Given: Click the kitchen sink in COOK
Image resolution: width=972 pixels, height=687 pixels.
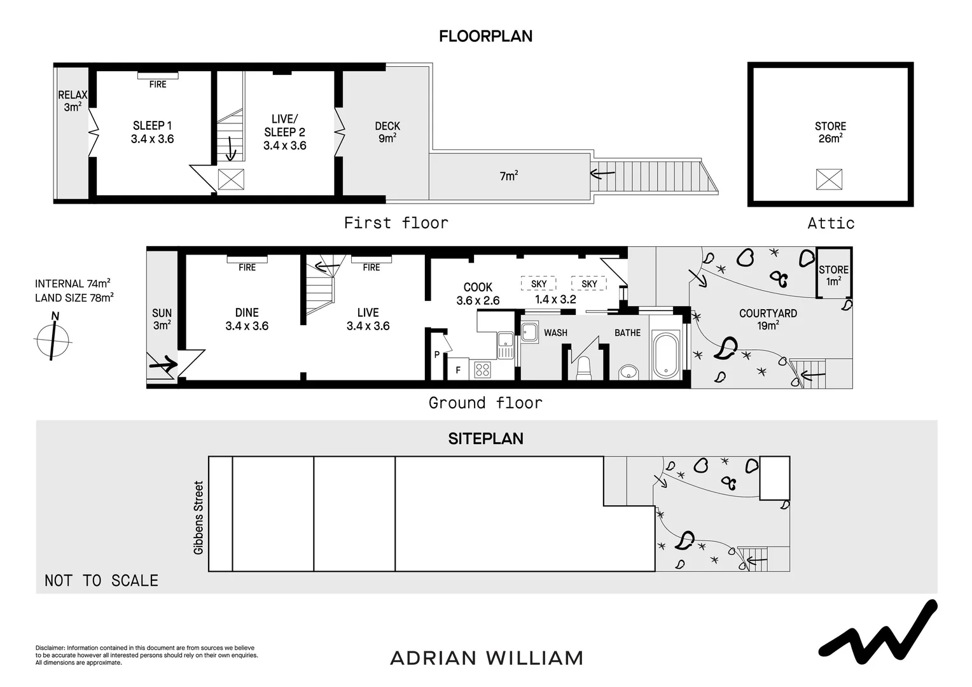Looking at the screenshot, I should (505, 345).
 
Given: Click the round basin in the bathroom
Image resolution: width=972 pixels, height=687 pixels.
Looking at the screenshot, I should (628, 371).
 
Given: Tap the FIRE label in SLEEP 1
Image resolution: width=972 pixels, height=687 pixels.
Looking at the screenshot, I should (158, 84).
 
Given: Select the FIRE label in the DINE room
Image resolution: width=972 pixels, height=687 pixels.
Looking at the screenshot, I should (247, 267).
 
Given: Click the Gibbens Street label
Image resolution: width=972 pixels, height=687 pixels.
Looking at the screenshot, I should (198, 517).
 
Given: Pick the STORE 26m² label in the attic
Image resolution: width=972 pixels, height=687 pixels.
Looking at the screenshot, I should (830, 132).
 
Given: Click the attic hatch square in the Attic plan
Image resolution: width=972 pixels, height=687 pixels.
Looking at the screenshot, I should (829, 179).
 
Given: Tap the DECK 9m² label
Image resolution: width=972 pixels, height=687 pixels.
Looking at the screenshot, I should (387, 132).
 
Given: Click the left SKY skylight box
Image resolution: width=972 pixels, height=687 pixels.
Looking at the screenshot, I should (538, 284).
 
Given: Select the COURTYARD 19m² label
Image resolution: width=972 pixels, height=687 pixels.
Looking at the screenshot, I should (768, 319).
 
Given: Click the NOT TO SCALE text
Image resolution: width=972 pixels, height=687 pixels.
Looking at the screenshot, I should (101, 580).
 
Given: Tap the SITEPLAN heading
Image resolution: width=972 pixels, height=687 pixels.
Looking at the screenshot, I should (485, 438).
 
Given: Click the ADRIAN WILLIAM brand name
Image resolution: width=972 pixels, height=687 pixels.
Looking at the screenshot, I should (486, 658).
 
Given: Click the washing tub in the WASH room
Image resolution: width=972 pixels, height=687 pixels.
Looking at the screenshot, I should (530, 331).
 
